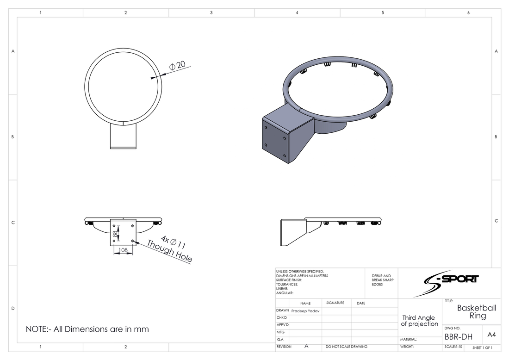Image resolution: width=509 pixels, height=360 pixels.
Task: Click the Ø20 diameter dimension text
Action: tap(178, 65)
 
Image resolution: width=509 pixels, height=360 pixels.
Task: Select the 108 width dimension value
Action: tap(124, 250)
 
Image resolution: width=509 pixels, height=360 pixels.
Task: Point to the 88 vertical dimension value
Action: tap(115, 234)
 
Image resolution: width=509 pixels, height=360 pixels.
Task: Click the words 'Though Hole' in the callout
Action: tap(170, 251)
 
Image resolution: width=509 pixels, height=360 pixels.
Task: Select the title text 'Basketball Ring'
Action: tap(477, 311)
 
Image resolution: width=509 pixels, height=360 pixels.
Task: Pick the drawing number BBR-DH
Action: tap(459, 336)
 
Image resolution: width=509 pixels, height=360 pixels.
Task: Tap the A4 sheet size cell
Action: tap(491, 335)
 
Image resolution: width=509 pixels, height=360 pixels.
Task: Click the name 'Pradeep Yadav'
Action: tap(305, 311)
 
